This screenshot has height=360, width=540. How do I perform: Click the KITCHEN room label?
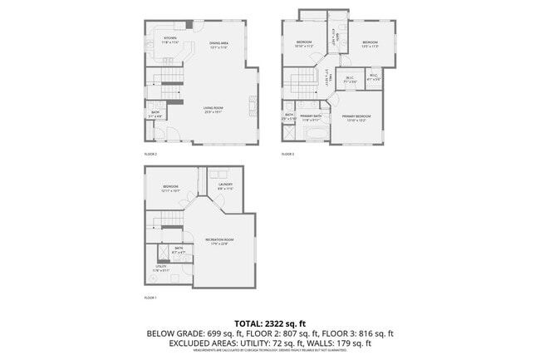tap(170, 39)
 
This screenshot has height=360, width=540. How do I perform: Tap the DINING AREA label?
tap(218, 45)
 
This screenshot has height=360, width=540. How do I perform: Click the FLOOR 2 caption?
tap(150, 154)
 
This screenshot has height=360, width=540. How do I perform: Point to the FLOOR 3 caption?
tap(287, 154)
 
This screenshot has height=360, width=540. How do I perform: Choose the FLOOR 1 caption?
tap(150, 297)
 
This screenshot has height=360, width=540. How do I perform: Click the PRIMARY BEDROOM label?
tap(356, 117)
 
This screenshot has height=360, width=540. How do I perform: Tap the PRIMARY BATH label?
tap(312, 117)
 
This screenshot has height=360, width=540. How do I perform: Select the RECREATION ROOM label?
tap(219, 240)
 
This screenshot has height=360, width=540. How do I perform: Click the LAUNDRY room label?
tap(225, 185)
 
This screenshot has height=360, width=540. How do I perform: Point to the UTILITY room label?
tap(160, 268)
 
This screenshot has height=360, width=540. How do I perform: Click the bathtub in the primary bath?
tap(317, 133)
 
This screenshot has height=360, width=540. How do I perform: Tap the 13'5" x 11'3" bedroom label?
tap(369, 44)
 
